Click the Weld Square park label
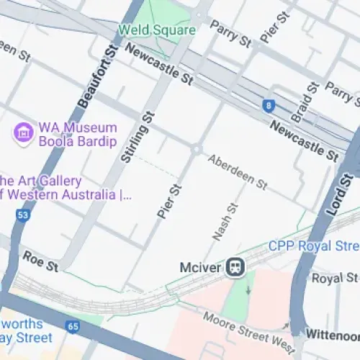(x=157, y=30)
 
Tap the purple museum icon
(x=24, y=132)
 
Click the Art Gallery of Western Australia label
(x=61, y=187)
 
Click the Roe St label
(x=40, y=261)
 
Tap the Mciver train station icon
(x=235, y=267)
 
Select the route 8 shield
(x=269, y=106)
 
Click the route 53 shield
(x=24, y=215)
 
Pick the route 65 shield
(x=73, y=325)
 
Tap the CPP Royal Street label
(x=313, y=246)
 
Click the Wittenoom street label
(x=332, y=335)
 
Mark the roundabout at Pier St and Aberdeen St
(x=195, y=149)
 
